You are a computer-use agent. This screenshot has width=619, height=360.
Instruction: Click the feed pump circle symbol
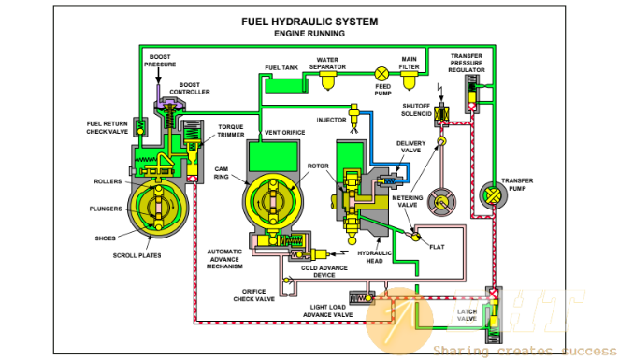(381, 73)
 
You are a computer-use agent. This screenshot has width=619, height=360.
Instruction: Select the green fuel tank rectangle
(284, 86)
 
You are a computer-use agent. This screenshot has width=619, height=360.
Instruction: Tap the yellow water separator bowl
(327, 81)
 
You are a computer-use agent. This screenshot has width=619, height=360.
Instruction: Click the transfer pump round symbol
(493, 195)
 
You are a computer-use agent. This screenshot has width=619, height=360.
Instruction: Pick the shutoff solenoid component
(441, 115)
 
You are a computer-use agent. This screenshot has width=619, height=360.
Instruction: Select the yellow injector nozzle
(354, 116)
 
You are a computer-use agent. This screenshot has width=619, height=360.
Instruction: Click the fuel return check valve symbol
(140, 126)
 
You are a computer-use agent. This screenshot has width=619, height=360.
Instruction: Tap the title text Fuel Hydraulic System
(309, 22)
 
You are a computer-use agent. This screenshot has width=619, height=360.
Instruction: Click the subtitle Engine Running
(309, 34)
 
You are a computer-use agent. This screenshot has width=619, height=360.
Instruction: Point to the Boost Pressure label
(160, 61)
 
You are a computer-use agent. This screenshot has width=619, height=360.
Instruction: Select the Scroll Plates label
(137, 256)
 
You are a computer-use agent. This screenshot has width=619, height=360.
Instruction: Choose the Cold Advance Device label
(324, 271)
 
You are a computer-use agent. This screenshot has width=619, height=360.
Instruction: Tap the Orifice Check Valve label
(253, 295)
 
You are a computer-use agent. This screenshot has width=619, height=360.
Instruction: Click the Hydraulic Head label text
(375, 257)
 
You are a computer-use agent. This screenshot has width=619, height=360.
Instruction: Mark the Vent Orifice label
(284, 133)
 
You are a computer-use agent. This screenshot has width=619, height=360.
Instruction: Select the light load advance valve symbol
(362, 298)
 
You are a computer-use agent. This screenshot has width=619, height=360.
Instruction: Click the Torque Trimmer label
(231, 131)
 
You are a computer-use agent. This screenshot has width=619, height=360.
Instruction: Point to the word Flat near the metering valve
(437, 247)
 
